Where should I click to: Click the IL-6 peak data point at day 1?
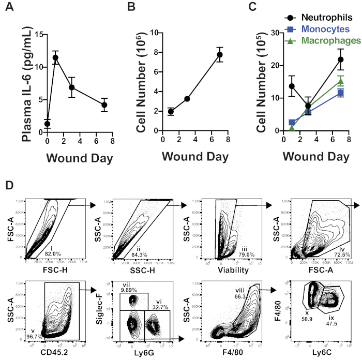click(55, 57)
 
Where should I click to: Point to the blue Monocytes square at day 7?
click(340, 93)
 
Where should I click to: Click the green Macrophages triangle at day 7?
click(340, 81)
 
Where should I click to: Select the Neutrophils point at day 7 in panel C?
click(340, 59)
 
